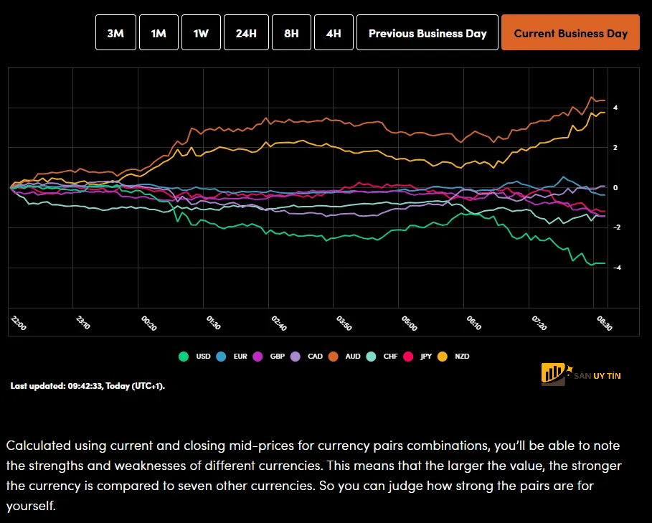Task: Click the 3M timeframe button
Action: point(115,33)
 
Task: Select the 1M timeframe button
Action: point(159,33)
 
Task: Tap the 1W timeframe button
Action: point(201,33)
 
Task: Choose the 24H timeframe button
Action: point(246,33)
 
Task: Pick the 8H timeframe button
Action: point(291,33)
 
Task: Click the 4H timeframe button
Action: point(334,33)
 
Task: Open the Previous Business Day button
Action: point(427,33)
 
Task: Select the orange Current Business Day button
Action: point(570,33)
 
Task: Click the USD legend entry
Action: point(197,356)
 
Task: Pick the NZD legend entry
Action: point(455,356)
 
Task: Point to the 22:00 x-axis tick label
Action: point(19,323)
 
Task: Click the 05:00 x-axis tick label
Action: point(409,323)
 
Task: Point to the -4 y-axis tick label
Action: point(615,268)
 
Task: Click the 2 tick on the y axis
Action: point(615,147)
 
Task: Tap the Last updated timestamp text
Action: point(88,386)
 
